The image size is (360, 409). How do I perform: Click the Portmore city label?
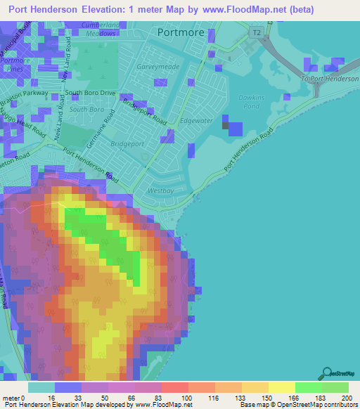pyautogui.click(x=181, y=32)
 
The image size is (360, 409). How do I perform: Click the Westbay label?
pyautogui.click(x=162, y=190)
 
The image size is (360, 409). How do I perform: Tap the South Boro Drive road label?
pyautogui.click(x=90, y=93)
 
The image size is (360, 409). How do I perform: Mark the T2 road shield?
pyautogui.click(x=258, y=32)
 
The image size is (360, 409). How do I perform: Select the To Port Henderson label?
pyautogui.click(x=329, y=79)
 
